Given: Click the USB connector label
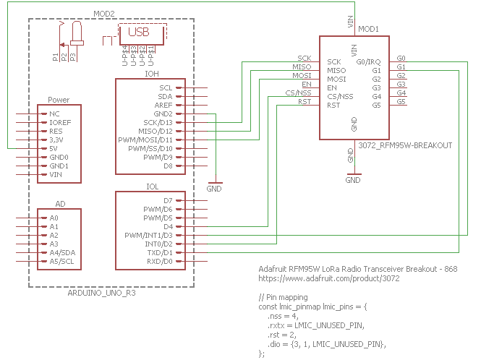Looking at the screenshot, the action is coord(139,32).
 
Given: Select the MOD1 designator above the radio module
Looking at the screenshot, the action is coord(368,29).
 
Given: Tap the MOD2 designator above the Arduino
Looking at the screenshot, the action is coord(104,14).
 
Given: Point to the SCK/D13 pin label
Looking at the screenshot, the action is coord(158,123).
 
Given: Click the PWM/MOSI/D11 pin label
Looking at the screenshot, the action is coord(145,140).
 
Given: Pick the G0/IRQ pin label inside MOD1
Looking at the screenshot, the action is coord(368,62).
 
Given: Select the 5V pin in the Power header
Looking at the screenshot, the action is coord(54,149).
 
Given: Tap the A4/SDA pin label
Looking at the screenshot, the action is coord(62,253).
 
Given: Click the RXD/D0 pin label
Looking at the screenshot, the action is coord(160,262).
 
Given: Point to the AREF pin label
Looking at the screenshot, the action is coord(163,105).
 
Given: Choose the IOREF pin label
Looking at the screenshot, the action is coord(60,123).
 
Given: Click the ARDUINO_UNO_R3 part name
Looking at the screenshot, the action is coord(101,293).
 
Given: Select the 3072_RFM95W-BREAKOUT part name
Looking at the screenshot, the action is coord(405,145).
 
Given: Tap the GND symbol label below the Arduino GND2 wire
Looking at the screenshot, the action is coord(214,189).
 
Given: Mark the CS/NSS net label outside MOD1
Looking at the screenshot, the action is coord(298,93).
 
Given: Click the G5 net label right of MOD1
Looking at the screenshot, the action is coord(401,101).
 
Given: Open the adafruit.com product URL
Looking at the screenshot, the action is coord(329,278).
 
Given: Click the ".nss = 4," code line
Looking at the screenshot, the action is coord(283,316).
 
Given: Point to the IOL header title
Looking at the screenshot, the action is coord(152,187).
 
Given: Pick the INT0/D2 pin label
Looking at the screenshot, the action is coord(158,244).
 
